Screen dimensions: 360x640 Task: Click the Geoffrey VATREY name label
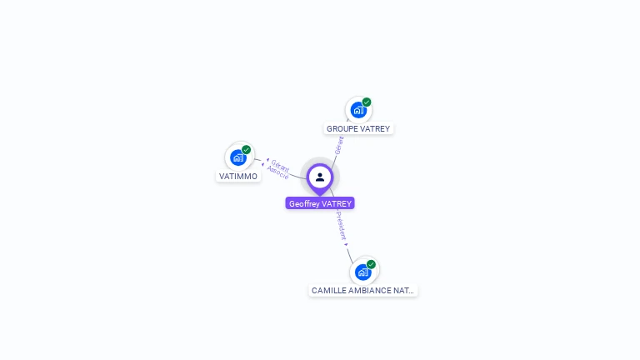pos(320,203)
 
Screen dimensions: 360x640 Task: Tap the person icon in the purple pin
pos(320,177)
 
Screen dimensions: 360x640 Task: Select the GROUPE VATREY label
pos(358,129)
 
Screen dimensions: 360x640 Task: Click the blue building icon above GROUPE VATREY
pos(357,110)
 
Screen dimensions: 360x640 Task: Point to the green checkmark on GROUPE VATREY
pos(367,102)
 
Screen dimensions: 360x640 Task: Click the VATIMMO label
pos(238,177)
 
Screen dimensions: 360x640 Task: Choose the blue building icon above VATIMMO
pos(238,157)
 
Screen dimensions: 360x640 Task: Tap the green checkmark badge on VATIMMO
pos(247,150)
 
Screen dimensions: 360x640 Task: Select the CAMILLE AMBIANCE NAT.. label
pos(362,291)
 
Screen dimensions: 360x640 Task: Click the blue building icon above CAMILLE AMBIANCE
pos(362,272)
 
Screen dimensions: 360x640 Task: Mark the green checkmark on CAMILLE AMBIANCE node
pos(372,264)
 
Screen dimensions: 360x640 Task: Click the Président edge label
pos(342,226)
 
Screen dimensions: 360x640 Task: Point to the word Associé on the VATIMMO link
pos(277,174)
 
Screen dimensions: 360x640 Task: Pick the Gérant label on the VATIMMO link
pos(279,165)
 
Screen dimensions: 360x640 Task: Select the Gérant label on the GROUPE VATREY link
pos(339,147)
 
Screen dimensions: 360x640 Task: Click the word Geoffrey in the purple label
pos(304,203)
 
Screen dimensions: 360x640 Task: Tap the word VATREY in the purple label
pos(337,203)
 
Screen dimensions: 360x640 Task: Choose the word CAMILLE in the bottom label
pos(328,291)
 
